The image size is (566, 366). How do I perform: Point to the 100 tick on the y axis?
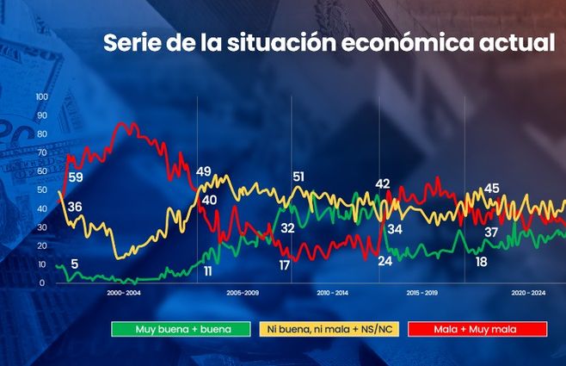(x=42, y=96)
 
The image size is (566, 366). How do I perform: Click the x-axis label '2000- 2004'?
(x=125, y=294)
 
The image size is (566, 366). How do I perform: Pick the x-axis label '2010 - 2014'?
(x=332, y=294)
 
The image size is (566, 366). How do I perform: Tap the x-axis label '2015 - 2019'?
(x=421, y=294)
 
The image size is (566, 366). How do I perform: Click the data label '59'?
(x=76, y=177)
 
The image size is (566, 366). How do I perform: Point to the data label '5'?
(x=75, y=264)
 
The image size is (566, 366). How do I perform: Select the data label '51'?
(x=298, y=177)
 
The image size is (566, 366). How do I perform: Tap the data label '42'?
(x=383, y=183)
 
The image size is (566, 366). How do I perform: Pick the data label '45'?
(x=492, y=188)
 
